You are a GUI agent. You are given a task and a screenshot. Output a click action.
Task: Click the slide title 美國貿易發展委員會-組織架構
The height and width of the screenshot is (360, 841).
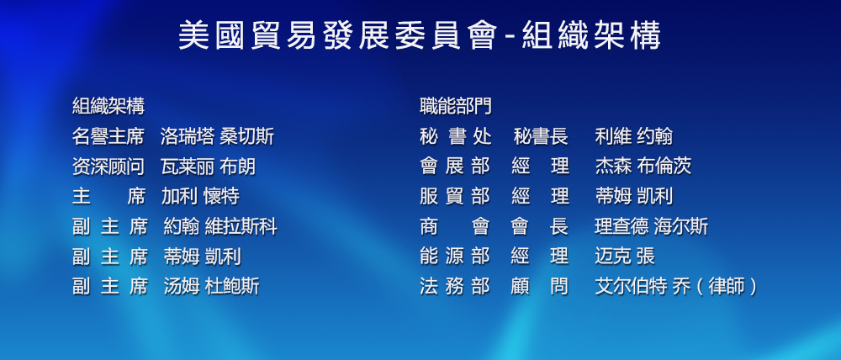point(420,36)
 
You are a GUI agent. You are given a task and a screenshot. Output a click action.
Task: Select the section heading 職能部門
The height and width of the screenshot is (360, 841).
point(455,106)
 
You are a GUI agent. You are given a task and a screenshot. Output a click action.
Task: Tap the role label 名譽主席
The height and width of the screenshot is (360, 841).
point(108,136)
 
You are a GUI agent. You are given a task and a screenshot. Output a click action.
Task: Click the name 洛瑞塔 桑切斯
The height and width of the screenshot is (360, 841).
point(217,136)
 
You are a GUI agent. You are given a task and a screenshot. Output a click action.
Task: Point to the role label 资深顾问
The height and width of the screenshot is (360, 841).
point(108,167)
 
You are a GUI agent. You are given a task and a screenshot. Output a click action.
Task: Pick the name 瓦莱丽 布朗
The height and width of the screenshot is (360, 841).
point(208,167)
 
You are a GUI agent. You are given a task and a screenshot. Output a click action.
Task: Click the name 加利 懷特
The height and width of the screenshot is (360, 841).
point(200,196)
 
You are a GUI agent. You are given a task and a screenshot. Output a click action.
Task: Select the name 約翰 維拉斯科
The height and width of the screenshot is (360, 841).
point(220,226)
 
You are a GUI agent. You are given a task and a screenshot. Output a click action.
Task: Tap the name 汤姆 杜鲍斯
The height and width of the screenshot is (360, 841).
point(211,287)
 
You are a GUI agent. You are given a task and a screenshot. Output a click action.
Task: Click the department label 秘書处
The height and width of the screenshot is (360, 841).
point(455,136)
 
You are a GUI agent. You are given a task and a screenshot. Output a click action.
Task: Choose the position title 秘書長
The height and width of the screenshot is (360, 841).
point(541,136)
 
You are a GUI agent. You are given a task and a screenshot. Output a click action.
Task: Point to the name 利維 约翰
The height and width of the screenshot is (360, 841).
point(633,136)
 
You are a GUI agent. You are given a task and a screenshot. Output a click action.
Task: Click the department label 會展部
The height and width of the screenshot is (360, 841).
point(455,167)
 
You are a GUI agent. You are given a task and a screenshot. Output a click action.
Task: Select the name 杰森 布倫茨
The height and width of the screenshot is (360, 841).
point(643,167)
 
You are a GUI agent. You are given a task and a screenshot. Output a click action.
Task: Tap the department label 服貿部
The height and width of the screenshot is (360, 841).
point(455,196)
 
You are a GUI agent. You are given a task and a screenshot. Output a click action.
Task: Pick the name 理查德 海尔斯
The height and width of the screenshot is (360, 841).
point(651,226)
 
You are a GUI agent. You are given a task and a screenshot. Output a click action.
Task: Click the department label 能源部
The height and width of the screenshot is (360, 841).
point(455,257)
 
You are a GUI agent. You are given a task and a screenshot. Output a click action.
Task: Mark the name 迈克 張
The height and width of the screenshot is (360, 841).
point(625,257)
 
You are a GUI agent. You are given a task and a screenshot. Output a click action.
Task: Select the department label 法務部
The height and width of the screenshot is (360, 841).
point(455,287)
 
